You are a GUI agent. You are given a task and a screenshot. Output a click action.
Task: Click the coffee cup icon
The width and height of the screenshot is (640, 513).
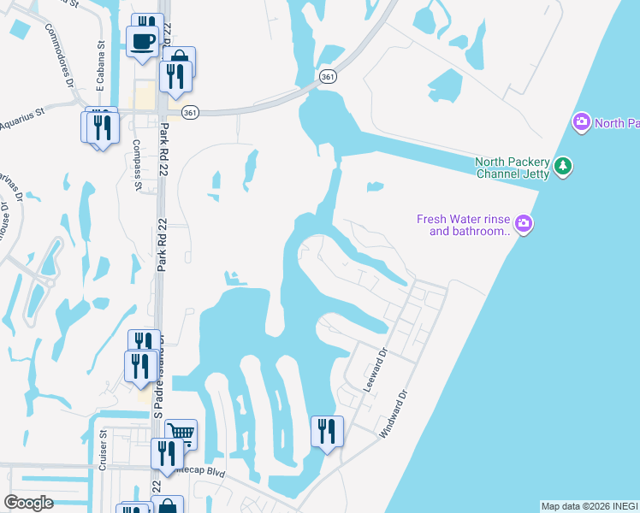coord(143,40)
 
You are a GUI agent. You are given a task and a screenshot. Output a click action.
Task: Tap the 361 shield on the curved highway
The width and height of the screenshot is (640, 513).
coord(328,77)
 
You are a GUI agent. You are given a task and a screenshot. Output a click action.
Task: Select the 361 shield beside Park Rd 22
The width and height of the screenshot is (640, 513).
coord(191,112)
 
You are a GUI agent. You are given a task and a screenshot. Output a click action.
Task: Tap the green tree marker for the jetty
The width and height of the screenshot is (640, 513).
coord(562,165)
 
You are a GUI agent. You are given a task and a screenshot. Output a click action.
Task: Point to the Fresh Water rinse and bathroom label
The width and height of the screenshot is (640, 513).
coord(464,225)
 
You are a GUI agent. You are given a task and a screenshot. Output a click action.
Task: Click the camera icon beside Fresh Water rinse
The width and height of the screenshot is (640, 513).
coord(524,225)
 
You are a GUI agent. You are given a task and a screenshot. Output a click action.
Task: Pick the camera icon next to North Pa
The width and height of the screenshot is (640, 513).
coord(582,122)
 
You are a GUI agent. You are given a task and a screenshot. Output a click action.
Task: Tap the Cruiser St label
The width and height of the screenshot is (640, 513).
coord(101,449)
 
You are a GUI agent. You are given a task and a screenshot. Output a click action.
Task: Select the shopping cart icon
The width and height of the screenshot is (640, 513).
coord(181,433)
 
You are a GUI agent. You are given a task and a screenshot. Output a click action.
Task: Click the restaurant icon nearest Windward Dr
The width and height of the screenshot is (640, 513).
coord(327,430)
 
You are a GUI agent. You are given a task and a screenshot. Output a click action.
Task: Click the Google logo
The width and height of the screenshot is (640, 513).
coord(28,503)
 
